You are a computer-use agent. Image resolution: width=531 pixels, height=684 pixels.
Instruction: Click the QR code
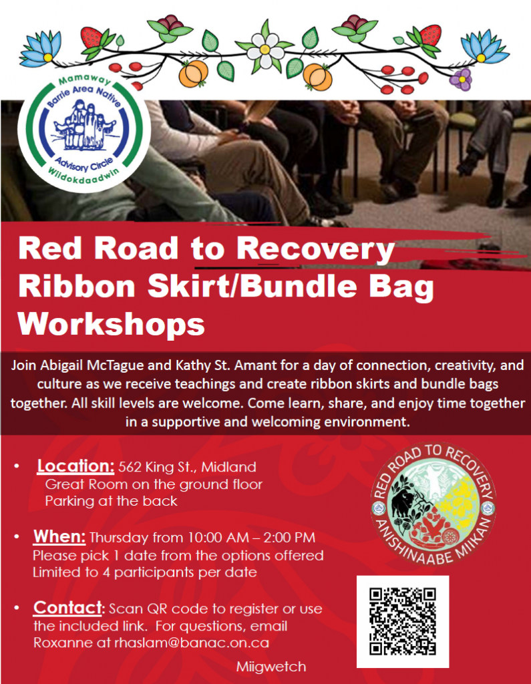click(x=402, y=621)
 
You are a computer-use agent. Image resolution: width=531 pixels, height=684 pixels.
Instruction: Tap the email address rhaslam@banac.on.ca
click(x=192, y=643)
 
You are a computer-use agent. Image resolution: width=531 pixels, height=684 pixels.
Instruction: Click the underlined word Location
click(x=75, y=466)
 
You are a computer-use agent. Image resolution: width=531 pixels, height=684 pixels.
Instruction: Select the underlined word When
click(x=59, y=536)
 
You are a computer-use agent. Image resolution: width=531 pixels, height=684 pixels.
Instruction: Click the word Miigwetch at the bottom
click(x=271, y=667)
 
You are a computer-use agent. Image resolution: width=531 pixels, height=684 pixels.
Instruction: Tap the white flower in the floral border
click(x=265, y=49)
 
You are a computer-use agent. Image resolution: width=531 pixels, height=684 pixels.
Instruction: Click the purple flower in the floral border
click(x=461, y=79)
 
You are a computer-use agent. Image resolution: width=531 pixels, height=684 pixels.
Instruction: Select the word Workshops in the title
click(x=112, y=324)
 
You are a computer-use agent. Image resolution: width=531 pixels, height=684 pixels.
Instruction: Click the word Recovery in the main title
click(x=315, y=250)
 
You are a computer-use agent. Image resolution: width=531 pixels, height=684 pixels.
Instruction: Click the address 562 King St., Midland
click(x=187, y=467)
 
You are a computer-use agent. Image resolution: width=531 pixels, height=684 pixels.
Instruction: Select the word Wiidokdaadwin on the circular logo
click(x=83, y=175)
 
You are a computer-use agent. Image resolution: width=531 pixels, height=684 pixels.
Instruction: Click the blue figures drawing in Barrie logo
click(x=85, y=125)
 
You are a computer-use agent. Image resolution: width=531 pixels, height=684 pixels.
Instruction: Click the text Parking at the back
click(x=112, y=501)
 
